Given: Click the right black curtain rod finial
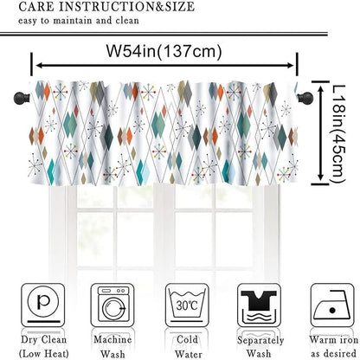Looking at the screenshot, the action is [x=305, y=98].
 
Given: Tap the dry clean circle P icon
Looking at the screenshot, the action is [x=42, y=305].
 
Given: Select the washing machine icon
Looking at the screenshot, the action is [x=112, y=305].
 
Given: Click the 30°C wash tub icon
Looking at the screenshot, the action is [x=187, y=305].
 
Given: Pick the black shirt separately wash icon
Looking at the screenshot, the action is [x=259, y=305].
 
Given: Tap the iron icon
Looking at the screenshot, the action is [x=332, y=305].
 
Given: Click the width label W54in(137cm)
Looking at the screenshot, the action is [x=164, y=51].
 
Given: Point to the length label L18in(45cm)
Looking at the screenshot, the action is [x=337, y=133].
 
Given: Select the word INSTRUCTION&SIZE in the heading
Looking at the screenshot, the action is [x=126, y=6].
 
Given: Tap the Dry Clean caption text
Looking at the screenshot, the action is [x=43, y=346].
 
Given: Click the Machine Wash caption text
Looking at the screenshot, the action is [x=112, y=346].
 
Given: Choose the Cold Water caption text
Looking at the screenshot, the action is [x=187, y=346].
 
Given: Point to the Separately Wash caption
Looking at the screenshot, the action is [x=260, y=346].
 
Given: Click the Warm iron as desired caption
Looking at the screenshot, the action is [x=333, y=346].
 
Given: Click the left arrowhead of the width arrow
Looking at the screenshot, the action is [x=40, y=66].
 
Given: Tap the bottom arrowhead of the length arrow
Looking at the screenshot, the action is [x=320, y=177].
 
